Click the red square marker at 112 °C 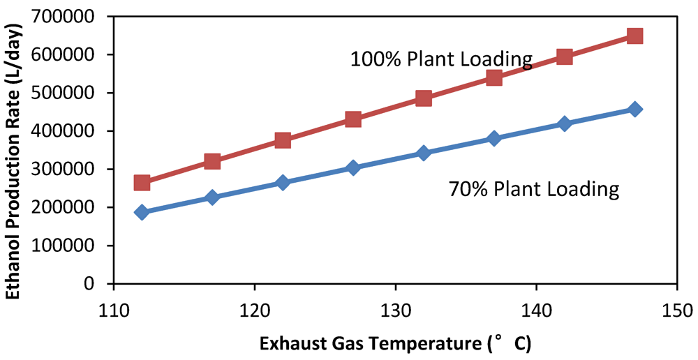[x=142, y=183]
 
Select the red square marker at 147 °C [x=634, y=36]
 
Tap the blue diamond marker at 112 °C [x=142, y=212]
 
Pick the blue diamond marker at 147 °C [x=634, y=109]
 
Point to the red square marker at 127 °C [x=353, y=119]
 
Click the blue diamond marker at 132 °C [x=423, y=153]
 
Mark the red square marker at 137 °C [x=493, y=77]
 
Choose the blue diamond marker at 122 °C [x=283, y=183]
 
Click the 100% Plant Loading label [x=441, y=59]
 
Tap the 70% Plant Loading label [x=534, y=189]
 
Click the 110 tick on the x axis [x=114, y=307]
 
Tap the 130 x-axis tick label [x=395, y=307]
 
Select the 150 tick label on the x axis [x=676, y=307]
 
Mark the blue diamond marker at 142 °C [x=564, y=124]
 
